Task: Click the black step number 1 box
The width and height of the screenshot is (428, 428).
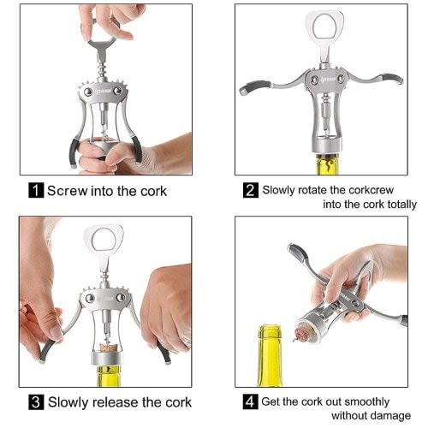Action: [36, 190]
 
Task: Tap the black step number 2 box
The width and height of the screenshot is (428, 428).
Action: [251, 190]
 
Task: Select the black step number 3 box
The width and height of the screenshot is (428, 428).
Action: [36, 402]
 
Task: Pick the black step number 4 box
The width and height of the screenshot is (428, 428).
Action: [250, 401]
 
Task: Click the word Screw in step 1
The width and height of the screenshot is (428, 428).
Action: [68, 191]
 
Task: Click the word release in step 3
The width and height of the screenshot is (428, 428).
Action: [116, 402]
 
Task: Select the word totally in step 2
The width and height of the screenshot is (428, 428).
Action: [401, 205]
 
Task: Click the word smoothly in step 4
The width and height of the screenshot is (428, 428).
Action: [367, 402]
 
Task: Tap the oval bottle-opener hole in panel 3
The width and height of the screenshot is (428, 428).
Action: [104, 239]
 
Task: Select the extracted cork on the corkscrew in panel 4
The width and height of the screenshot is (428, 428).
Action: [303, 332]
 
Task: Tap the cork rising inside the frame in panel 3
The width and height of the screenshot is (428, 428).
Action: [109, 347]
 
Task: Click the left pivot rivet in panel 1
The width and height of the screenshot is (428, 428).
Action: [88, 92]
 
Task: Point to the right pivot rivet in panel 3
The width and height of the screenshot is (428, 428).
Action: [121, 298]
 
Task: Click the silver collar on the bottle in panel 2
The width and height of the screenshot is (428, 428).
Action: [326, 146]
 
